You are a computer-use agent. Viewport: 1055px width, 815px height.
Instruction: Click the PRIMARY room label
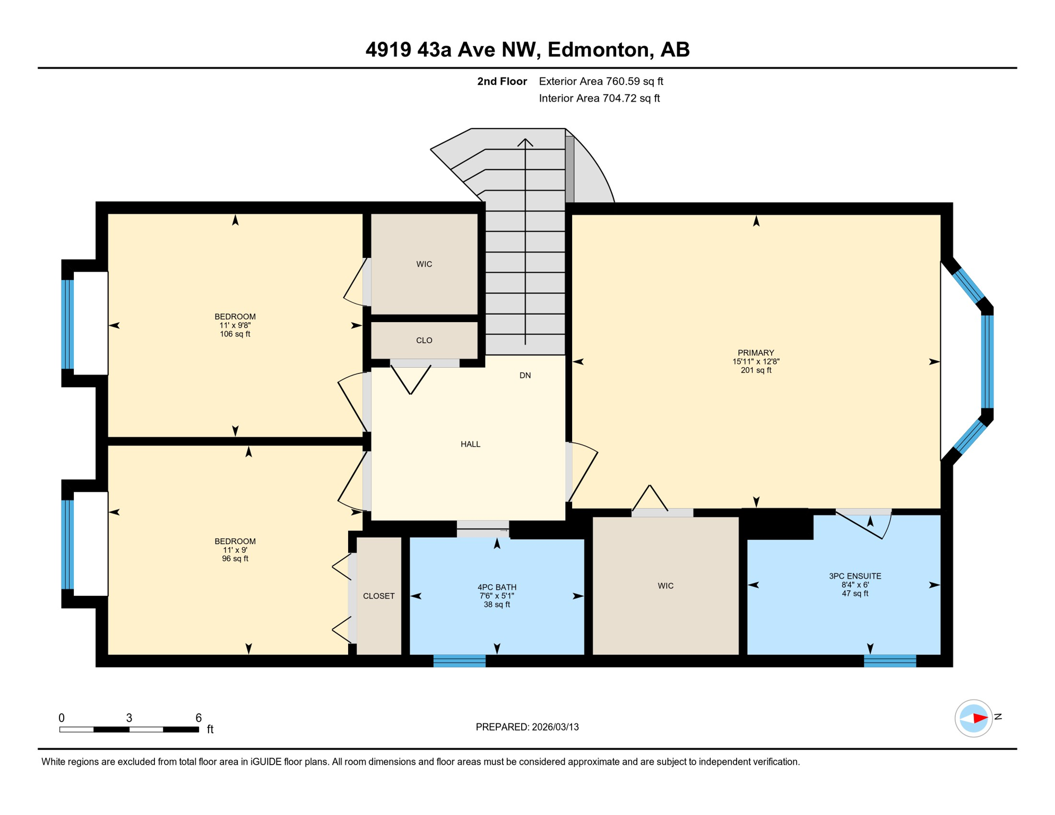(x=756, y=353)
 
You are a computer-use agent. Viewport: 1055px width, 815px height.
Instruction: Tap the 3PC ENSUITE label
(x=855, y=576)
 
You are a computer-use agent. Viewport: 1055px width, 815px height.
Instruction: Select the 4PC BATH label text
(x=497, y=587)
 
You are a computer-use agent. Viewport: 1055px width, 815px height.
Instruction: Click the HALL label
(x=470, y=444)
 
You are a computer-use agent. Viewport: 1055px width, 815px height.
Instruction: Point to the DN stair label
(x=525, y=376)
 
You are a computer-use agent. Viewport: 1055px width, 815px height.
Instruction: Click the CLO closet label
(x=424, y=341)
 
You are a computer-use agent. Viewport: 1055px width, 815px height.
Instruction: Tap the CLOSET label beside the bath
(x=378, y=596)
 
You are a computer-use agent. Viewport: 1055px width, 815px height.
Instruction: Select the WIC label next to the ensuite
(x=665, y=586)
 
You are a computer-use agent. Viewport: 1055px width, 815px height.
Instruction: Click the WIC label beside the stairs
(x=424, y=264)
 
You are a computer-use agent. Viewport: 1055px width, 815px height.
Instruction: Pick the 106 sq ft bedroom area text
(x=235, y=334)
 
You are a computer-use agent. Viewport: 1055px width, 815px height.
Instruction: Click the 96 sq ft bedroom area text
(x=235, y=559)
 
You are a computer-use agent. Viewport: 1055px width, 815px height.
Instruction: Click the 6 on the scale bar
(x=198, y=718)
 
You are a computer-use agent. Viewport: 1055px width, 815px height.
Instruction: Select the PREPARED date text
(x=527, y=727)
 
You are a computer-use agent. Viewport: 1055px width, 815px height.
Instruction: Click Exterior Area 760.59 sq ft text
(x=601, y=81)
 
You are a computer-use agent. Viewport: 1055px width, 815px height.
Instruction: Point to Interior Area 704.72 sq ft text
(x=599, y=98)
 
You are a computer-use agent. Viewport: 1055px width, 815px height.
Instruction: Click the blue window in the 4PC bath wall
(x=460, y=661)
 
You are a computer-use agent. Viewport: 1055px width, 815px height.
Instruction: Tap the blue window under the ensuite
(x=890, y=661)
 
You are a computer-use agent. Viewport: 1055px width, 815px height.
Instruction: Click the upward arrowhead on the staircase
(x=525, y=142)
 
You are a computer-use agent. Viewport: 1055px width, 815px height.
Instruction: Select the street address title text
(x=527, y=49)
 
